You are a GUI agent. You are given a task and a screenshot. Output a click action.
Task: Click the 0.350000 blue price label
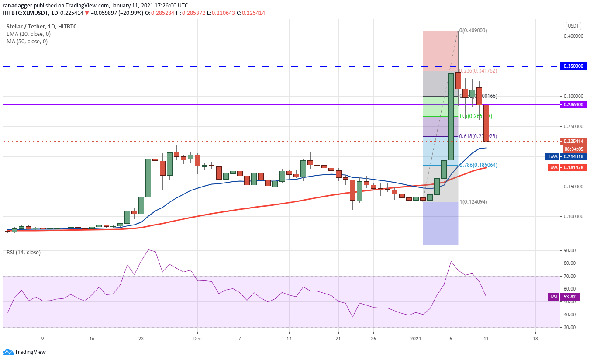click(x=573, y=66)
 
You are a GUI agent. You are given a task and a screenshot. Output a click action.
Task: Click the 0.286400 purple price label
click(x=573, y=105)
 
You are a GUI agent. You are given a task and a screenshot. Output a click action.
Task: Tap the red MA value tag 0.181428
click(x=573, y=167)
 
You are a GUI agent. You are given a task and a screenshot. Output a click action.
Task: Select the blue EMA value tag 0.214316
click(x=573, y=156)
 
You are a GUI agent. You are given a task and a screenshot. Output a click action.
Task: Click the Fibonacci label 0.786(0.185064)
click(x=478, y=165)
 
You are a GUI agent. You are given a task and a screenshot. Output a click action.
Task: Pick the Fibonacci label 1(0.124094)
click(x=473, y=202)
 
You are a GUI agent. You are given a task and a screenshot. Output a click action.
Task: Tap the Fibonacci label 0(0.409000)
click(x=473, y=31)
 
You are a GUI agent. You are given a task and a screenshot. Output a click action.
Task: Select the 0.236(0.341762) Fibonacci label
click(x=478, y=71)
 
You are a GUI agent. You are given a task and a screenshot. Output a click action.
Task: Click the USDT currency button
click(x=573, y=26)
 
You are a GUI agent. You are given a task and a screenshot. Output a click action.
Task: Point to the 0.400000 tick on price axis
click(x=573, y=36)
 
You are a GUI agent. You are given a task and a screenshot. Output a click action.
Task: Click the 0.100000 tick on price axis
click(x=573, y=216)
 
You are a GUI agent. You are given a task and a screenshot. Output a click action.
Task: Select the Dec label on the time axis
click(x=197, y=339)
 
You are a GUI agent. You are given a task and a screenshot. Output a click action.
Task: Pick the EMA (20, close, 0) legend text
click(x=28, y=34)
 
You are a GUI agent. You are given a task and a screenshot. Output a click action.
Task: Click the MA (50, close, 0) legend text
click(x=27, y=42)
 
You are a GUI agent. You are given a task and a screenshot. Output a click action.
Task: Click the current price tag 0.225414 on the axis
click(x=573, y=141)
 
